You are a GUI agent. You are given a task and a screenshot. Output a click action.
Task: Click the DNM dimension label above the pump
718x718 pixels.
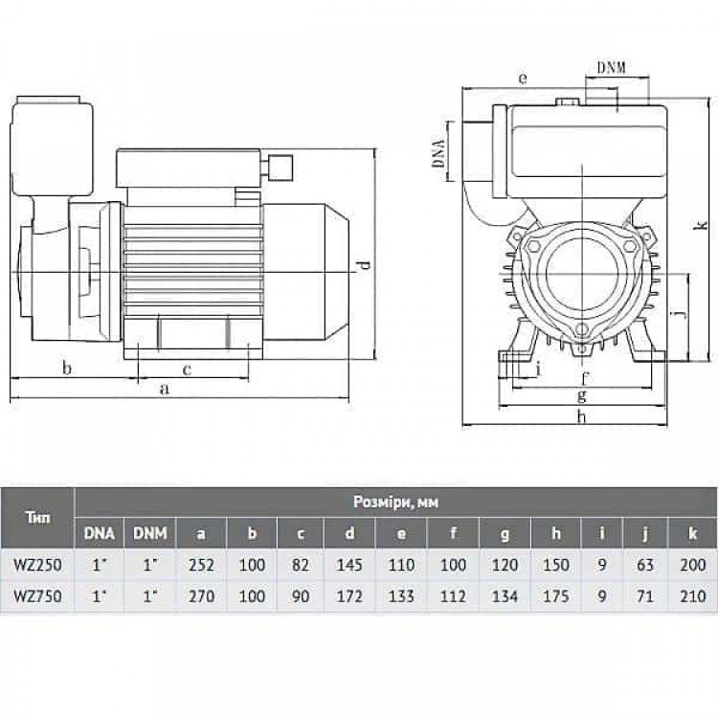(612, 68)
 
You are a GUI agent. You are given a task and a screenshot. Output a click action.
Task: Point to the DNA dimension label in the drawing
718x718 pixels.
(439, 151)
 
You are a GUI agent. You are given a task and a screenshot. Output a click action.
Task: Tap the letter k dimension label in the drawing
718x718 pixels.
(702, 226)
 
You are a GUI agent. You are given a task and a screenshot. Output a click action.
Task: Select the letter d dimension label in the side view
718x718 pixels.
(364, 265)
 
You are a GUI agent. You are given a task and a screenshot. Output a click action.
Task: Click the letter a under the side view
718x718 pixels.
(165, 390)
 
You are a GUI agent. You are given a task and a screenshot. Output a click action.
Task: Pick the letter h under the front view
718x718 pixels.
(581, 416)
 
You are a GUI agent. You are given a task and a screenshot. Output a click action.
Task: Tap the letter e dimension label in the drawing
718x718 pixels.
(523, 79)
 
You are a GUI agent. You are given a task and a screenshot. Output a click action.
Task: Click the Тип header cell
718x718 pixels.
(38, 518)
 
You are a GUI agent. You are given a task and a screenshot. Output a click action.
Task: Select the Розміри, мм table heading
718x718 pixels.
(395, 502)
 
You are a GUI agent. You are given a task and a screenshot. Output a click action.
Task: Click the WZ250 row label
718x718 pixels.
(37, 564)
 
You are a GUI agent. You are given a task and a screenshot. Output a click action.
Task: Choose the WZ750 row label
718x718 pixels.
(37, 595)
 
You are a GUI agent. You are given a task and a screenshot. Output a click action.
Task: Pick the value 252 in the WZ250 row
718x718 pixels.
(201, 564)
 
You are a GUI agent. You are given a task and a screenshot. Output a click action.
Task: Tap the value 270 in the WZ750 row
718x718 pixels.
(201, 595)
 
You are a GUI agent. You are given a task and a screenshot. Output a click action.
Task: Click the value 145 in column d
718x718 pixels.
(349, 564)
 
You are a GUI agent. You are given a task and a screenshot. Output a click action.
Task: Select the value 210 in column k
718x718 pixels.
(692, 595)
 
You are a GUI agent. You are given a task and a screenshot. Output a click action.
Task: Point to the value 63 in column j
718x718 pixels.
(644, 564)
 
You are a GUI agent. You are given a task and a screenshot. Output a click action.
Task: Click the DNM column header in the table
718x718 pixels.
(149, 533)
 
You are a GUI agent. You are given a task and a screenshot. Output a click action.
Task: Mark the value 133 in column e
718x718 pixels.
(401, 595)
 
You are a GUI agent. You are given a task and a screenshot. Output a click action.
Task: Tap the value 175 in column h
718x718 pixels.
(556, 595)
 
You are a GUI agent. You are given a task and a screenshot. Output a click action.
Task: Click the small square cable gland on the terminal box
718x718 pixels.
(280, 168)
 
